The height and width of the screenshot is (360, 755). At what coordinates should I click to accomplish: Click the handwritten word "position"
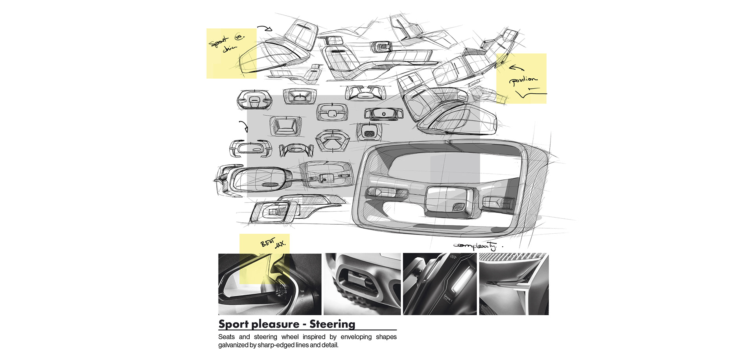[523, 80]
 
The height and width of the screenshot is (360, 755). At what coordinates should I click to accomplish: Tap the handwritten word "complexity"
[475, 246]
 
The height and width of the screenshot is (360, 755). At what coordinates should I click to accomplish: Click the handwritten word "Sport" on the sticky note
[218, 41]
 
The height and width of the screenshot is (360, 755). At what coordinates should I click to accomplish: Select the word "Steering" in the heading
[332, 324]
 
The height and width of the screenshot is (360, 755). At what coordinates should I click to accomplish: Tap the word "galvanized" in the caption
[233, 345]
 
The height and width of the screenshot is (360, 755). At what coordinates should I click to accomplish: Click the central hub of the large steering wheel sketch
[448, 201]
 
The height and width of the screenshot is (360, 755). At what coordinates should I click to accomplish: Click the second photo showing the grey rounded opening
[362, 284]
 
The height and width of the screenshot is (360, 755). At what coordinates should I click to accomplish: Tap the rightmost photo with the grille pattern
[514, 284]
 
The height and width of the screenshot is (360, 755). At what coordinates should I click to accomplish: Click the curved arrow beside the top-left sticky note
[265, 28]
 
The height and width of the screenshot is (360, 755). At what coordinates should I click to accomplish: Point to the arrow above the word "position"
[516, 68]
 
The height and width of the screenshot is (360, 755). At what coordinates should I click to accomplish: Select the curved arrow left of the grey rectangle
[244, 126]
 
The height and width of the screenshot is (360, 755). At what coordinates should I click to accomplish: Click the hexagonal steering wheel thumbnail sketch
[332, 141]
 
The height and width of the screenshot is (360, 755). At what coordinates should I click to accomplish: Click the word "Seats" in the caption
[226, 337]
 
